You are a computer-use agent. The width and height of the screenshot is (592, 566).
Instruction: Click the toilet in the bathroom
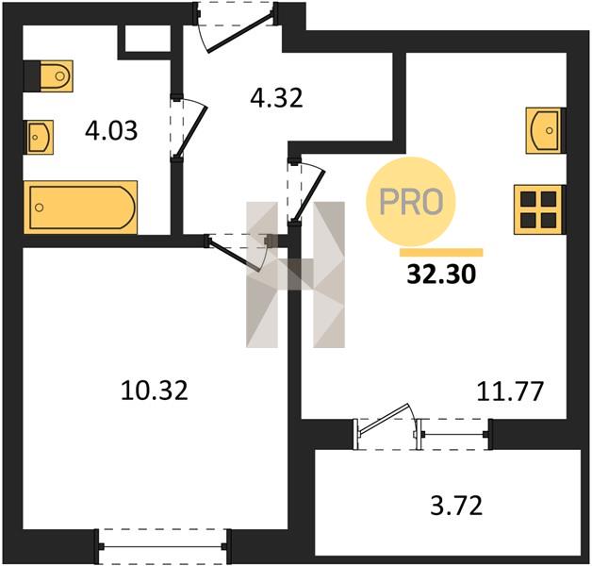click(56, 76)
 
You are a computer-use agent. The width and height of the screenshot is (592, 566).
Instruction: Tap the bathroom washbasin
click(40, 137)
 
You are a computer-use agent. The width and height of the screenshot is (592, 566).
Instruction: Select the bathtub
click(80, 207)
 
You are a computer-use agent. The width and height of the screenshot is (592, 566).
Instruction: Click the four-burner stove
click(539, 209)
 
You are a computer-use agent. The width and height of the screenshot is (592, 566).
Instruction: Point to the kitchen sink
click(545, 131)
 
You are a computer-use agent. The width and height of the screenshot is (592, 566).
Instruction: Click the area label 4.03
click(111, 131)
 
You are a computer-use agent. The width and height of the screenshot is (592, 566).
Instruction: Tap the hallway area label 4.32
click(277, 98)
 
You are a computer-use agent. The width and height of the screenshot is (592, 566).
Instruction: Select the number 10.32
click(155, 391)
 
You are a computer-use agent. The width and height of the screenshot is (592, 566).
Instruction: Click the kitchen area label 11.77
click(510, 391)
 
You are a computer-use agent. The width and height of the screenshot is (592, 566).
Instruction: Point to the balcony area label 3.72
click(456, 506)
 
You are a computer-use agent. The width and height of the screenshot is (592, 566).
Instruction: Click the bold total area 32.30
click(441, 274)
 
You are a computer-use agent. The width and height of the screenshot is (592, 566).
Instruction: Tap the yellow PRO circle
click(411, 201)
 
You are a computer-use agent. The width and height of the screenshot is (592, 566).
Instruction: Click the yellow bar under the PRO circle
click(441, 253)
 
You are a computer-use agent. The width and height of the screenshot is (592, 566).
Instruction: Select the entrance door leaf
click(240, 33)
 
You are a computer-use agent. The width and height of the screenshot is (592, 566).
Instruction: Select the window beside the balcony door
click(454, 435)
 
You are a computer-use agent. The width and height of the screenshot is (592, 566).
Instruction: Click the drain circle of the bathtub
click(39, 208)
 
